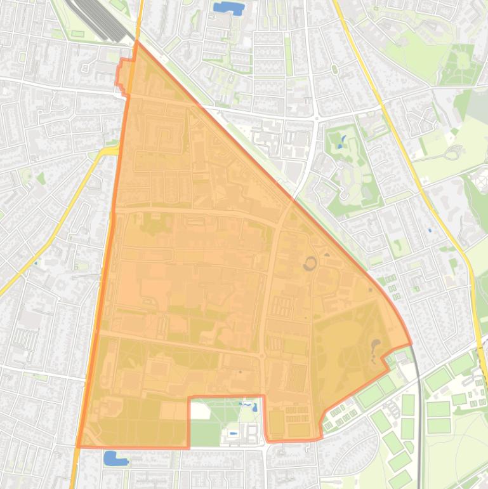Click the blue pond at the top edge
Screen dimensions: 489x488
(228, 8)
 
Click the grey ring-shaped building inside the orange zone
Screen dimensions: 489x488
(310, 263)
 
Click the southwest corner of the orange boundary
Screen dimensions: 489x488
(78, 446)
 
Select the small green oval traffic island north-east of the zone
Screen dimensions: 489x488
(334, 69)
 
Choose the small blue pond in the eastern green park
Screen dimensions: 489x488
(343, 142)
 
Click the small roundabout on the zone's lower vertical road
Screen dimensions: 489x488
(262, 356)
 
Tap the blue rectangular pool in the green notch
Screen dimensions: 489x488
(233, 433)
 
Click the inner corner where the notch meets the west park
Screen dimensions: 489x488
(190, 399)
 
